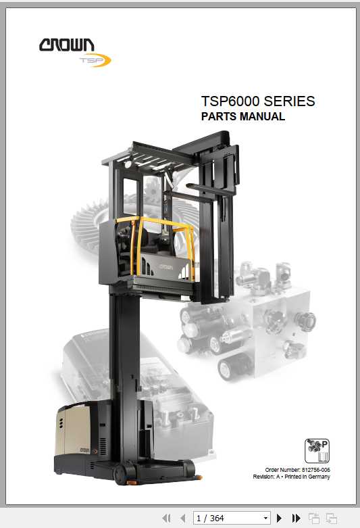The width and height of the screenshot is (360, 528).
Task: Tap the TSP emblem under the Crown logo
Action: (95, 61)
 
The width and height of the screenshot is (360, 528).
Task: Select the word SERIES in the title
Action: (289, 101)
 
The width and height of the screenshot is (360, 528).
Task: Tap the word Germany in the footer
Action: (317, 477)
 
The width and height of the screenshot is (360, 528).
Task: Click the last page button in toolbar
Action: (296, 518)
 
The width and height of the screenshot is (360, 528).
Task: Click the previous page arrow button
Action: (181, 518)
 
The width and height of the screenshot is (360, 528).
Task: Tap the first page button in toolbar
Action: (166, 518)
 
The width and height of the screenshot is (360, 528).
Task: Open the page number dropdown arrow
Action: (265, 518)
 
